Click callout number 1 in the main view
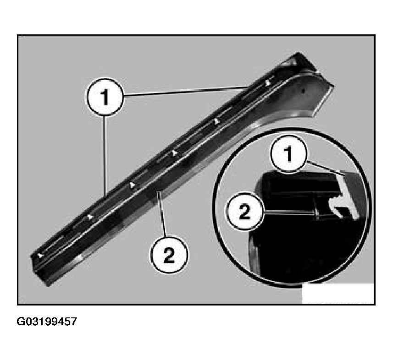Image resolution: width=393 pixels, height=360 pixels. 105,97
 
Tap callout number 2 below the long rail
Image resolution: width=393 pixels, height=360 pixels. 169,255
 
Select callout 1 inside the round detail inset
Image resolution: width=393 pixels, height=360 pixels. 289,154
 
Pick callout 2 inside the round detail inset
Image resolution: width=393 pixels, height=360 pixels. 245,211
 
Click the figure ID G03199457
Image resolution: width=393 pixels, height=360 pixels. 47,322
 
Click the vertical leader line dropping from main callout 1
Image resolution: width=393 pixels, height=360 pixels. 105,155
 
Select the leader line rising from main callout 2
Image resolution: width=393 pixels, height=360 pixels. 162,213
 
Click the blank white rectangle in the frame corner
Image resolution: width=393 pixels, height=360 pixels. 338,294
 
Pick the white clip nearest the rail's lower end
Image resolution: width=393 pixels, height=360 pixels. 41,256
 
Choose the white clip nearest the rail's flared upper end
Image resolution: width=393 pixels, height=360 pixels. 268,82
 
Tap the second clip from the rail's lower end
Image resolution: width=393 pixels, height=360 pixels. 91,217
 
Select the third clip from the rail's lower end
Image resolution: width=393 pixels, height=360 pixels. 132,185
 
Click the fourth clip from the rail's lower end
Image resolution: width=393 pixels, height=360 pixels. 174,153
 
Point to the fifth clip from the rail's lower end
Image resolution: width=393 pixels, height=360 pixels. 216,121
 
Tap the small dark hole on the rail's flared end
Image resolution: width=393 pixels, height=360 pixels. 304,90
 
